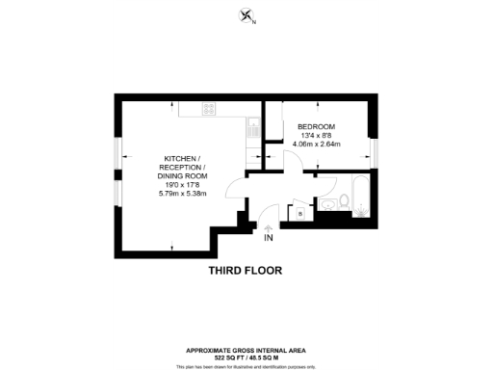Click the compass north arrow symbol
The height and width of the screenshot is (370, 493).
coord(246,15)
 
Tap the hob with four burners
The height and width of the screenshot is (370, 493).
coord(209,109)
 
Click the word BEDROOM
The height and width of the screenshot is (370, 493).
coord(315,127)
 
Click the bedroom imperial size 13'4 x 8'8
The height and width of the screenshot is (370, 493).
coord(315,137)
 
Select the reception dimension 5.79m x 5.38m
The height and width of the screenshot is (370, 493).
coord(182,194)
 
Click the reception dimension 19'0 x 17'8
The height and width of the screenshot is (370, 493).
coord(182,184)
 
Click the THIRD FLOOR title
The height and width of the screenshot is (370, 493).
coord(246,271)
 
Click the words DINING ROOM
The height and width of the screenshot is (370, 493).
coord(182,175)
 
